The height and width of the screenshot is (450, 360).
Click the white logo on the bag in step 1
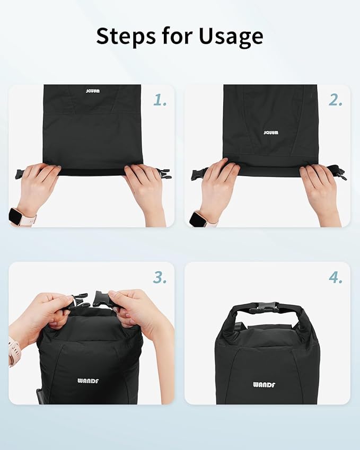pos(92,91)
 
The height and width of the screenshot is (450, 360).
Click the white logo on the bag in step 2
pos(270,133)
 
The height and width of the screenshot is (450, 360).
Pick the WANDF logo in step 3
pos(88,381)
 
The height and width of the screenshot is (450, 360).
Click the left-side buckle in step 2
pos(198,173)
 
